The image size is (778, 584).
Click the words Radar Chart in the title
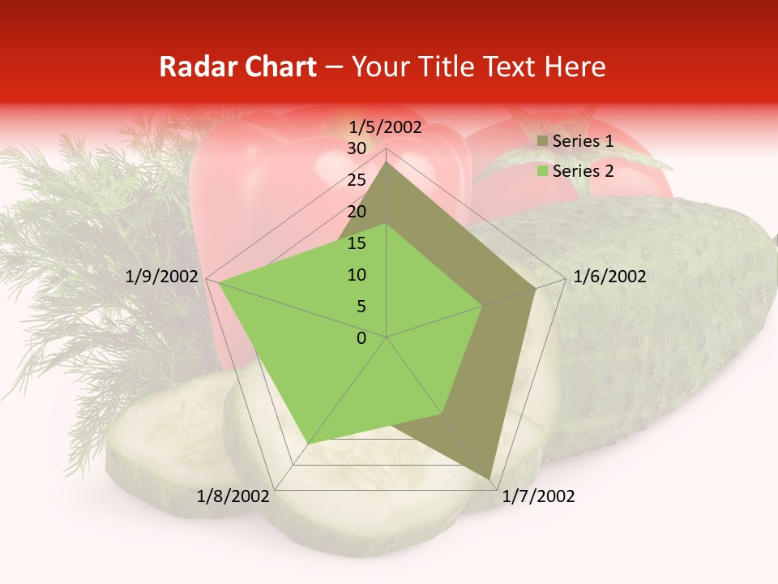click(237, 67)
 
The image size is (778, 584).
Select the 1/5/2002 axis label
click(385, 127)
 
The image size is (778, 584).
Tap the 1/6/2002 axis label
click(609, 277)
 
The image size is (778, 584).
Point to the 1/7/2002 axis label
click(538, 496)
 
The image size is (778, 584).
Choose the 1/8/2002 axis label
click(233, 496)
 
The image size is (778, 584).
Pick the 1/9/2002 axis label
click(162, 277)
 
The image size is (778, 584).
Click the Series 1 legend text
click(583, 141)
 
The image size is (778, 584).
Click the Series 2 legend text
click(583, 170)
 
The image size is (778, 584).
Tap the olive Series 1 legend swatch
click(541, 142)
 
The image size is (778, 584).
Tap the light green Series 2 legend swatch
click(541, 171)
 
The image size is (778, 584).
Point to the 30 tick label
click(357, 148)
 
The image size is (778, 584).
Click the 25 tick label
click(357, 180)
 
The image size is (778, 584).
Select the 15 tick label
click(357, 243)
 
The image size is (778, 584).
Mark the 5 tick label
click(361, 307)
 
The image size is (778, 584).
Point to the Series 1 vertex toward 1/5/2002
click(387, 162)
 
